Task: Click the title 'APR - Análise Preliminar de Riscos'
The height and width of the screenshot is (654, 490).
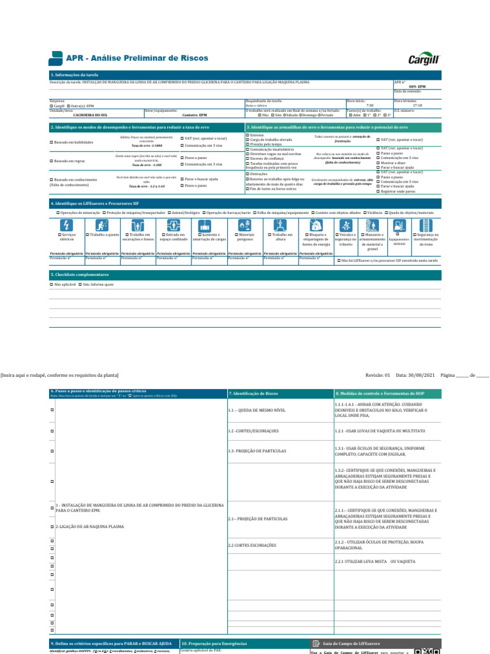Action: tap(137, 58)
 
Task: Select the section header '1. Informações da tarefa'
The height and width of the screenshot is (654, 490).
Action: tap(75, 75)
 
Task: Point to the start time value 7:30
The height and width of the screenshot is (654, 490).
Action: tap(369, 105)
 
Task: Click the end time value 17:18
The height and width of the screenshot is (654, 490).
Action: tap(417, 105)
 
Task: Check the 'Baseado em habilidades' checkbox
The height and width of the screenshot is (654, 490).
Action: tap(52, 142)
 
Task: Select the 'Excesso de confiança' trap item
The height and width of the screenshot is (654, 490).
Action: tap(248, 160)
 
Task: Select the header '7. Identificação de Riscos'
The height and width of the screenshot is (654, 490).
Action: tap(253, 393)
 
